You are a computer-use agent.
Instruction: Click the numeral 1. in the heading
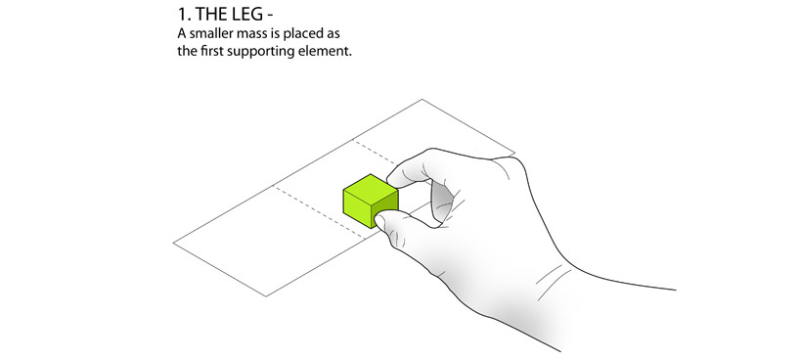click(184, 15)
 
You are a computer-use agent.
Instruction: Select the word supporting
click(258, 53)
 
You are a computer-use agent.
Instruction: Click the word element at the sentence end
click(322, 52)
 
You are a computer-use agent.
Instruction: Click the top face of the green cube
click(371, 188)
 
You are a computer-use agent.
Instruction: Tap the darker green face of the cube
click(385, 210)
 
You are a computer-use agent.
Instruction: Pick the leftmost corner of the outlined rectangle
click(174, 244)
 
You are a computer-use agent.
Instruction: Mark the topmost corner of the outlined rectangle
click(422, 99)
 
